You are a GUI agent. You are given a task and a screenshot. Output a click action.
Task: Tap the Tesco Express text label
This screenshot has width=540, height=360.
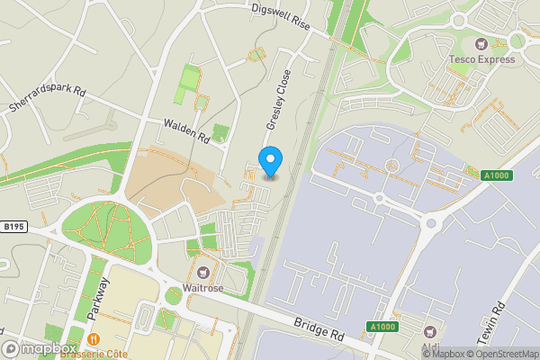coord(482,60)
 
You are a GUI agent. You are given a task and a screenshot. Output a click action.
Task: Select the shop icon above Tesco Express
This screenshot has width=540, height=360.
coord(481,43)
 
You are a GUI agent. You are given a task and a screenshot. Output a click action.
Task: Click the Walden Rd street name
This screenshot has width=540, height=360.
coord(186,132)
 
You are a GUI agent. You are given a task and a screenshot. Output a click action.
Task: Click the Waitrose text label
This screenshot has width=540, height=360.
coord(204,289)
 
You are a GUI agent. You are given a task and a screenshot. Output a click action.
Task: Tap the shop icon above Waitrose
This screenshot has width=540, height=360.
coord(204,272)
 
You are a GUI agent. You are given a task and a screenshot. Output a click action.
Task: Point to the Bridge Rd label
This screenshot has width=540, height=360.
coord(319,328)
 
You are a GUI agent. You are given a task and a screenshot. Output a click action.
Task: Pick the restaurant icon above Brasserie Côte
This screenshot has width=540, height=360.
coord(94,339)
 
